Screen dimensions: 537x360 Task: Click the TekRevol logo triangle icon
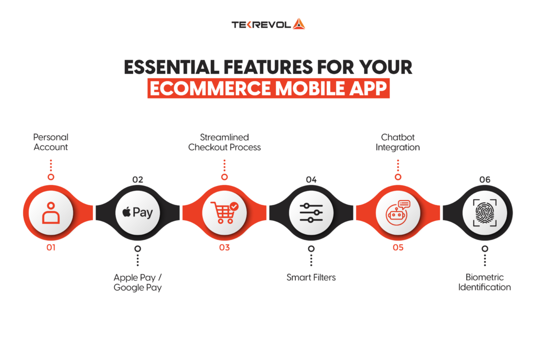coord(298,24)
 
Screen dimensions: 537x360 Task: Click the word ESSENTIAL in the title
coord(171,67)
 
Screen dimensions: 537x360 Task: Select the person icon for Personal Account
coord(51,213)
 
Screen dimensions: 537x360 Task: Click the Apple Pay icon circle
coord(138,213)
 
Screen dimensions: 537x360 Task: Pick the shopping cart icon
coord(224,213)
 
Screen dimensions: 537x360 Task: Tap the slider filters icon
coord(312,213)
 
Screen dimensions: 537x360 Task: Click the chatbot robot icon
coord(398,213)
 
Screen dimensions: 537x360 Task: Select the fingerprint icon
coord(485,213)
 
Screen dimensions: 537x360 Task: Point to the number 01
coord(51,247)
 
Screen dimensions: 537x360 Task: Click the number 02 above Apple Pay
coord(138,180)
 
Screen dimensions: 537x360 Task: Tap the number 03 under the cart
coord(224,247)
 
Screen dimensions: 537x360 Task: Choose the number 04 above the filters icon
coord(312,180)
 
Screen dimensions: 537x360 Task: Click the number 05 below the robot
coord(398,247)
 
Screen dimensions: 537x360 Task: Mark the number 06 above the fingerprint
coord(485,180)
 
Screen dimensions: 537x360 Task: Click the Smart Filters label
coord(311,277)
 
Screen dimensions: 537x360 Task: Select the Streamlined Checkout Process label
coord(224,142)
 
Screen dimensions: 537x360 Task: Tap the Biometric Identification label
coord(485,282)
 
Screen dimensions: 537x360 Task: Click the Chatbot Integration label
coord(398,142)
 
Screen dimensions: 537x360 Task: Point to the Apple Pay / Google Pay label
coord(138,282)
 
